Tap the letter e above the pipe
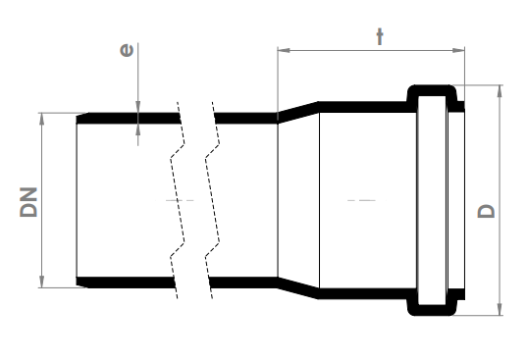tap(127, 48)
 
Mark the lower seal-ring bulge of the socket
tap(433, 309)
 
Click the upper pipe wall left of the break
tap(128, 118)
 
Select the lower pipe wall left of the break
tap(128, 283)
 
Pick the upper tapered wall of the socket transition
tap(297, 110)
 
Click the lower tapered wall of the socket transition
tap(297, 291)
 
